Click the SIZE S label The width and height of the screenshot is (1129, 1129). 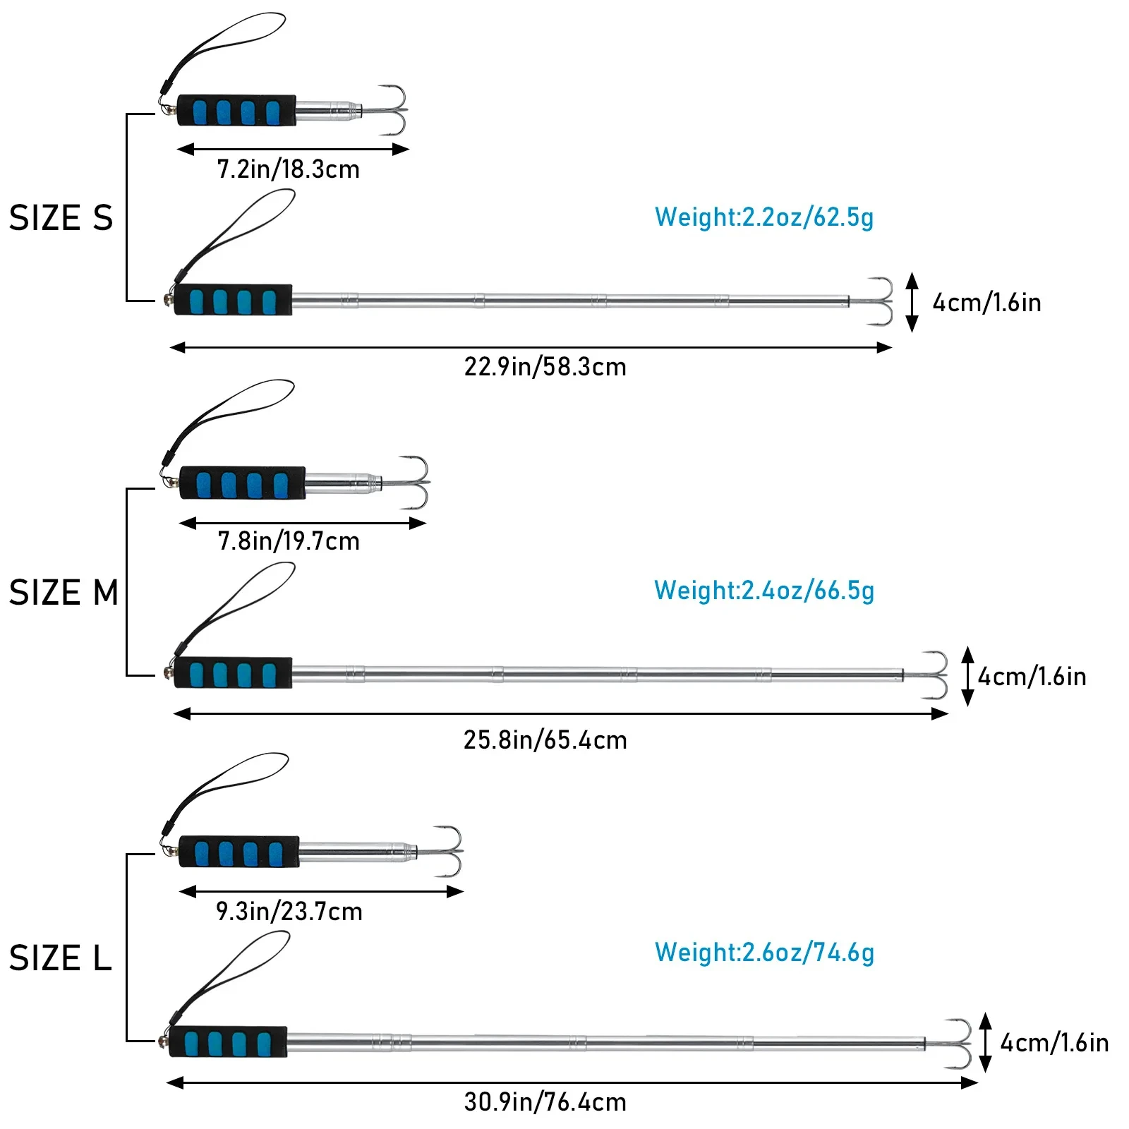61,218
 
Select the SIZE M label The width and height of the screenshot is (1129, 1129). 64,592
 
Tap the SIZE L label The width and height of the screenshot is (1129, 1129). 61,958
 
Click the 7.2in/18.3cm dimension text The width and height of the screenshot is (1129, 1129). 289,169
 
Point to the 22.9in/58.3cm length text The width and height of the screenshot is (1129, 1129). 545,367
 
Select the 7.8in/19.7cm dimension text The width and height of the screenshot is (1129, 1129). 289,541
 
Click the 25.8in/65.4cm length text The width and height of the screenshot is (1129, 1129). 545,740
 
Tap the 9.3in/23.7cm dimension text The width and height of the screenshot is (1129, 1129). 289,912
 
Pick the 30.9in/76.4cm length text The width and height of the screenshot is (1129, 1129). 545,1102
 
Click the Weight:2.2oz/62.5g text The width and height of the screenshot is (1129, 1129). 764,217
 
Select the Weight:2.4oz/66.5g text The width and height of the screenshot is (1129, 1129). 764,591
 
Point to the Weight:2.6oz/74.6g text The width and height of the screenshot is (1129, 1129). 764,953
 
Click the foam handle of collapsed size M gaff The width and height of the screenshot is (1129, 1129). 243,483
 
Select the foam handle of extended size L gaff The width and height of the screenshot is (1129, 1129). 228,1042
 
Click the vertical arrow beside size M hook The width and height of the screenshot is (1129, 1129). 967,676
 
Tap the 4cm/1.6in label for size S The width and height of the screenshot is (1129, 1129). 986,303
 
